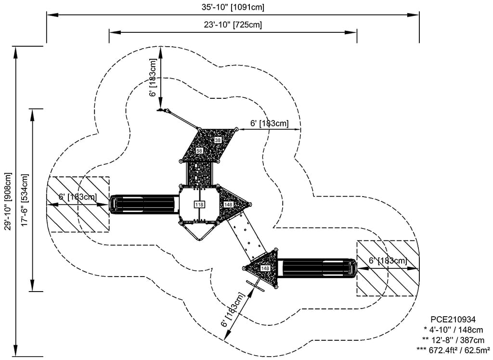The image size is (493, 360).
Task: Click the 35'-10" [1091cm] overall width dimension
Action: point(233,7)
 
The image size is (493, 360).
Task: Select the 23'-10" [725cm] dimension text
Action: point(233,25)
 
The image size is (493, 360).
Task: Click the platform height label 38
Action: point(218,140)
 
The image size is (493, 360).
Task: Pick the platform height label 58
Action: point(199,151)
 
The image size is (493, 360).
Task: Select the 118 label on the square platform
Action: point(199,204)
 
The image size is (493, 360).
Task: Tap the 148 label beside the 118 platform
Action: point(228,205)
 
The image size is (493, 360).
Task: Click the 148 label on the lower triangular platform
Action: point(265,268)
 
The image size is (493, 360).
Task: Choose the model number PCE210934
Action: point(453,320)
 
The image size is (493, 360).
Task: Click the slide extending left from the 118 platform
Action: point(144,204)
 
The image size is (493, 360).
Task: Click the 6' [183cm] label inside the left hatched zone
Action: point(78,197)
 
